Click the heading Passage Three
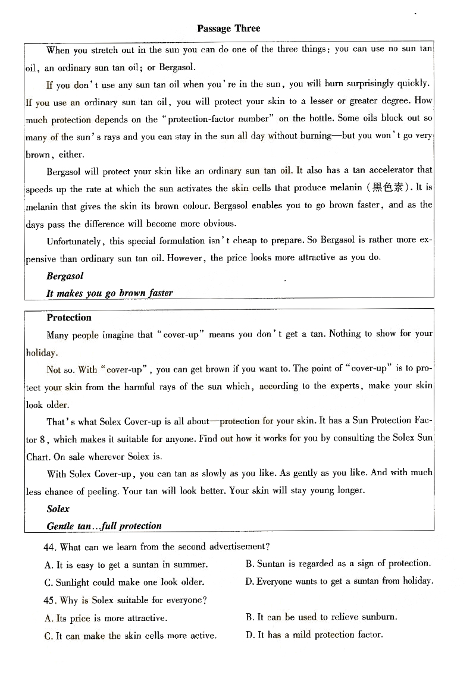[228, 28]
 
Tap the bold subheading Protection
[69, 318]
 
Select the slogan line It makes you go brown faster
[109, 293]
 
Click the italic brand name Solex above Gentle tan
[58, 509]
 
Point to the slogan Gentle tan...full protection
[104, 526]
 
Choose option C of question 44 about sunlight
[124, 582]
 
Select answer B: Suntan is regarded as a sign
[338, 564]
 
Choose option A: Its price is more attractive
[106, 618]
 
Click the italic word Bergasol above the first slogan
[65, 276]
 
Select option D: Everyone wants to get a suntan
[339, 582]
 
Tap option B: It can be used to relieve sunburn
[321, 617]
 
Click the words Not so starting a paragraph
[54, 369]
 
